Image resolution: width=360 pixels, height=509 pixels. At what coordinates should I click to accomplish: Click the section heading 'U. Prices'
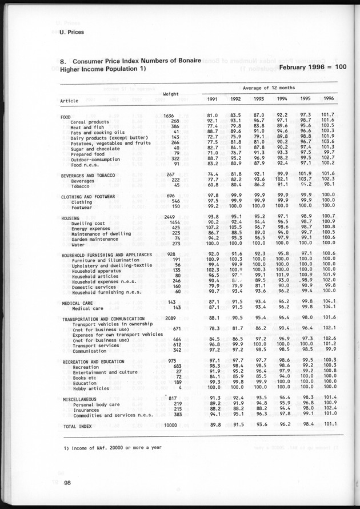71,32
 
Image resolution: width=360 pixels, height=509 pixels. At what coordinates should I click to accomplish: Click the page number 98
67,483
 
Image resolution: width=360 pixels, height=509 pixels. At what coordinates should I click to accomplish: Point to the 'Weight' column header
172,94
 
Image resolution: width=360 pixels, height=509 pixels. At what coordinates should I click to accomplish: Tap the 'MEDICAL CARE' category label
79,303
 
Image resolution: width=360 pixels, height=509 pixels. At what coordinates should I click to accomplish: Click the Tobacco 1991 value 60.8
211,185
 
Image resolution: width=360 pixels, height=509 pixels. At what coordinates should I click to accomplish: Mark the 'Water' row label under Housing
78,243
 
